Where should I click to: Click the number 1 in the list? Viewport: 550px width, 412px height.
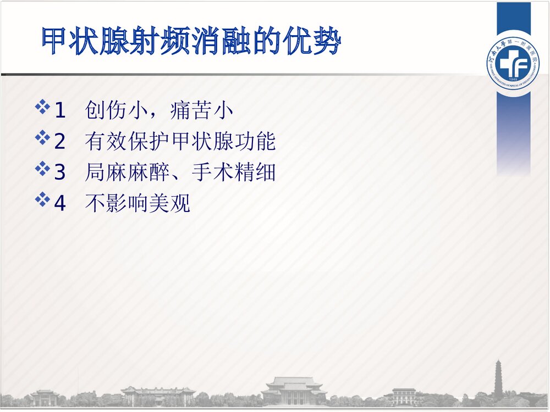click(x=59, y=111)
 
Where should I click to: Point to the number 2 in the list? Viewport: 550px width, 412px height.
click(x=59, y=142)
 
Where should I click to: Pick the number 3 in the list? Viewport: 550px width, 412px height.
click(x=59, y=173)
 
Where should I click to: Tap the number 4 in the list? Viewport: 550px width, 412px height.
click(x=59, y=204)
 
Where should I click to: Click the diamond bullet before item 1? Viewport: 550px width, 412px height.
click(x=42, y=107)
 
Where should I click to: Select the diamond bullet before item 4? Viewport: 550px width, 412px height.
click(x=42, y=199)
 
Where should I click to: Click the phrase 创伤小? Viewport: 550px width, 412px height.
click(x=112, y=111)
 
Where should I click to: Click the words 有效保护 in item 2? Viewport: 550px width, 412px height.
click(x=128, y=142)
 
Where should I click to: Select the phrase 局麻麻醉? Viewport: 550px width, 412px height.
click(x=128, y=173)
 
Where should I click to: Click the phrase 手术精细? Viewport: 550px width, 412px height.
click(x=233, y=173)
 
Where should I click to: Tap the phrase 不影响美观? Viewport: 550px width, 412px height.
click(x=137, y=204)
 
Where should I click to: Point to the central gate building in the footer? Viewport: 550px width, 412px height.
click(x=294, y=391)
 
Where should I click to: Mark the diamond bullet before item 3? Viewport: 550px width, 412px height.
click(x=42, y=169)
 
